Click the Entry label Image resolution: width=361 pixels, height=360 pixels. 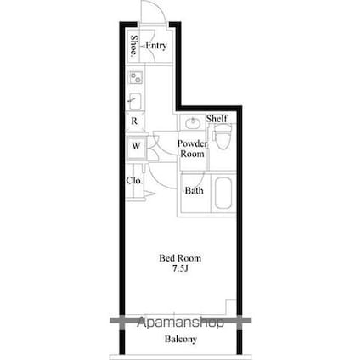pyautogui.click(x=155, y=46)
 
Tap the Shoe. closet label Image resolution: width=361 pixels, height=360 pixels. pyautogui.click(x=134, y=46)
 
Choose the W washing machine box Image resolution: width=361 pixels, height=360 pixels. pyautogui.click(x=135, y=146)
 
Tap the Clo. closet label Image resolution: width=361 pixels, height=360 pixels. pyautogui.click(x=134, y=180)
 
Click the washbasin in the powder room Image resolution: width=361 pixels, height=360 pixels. pyautogui.click(x=191, y=121)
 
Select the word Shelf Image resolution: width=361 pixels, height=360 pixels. pyautogui.click(x=216, y=118)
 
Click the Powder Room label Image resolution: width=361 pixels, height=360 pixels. pyautogui.click(x=191, y=149)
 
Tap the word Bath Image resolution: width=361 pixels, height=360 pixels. pyautogui.click(x=195, y=191)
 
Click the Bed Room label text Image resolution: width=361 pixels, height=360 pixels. pyautogui.click(x=181, y=258)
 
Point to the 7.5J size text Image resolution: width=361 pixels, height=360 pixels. pyautogui.click(x=181, y=270)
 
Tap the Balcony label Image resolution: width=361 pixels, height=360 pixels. pyautogui.click(x=180, y=340)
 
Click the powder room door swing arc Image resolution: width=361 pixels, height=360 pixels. pyautogui.click(x=163, y=143)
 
